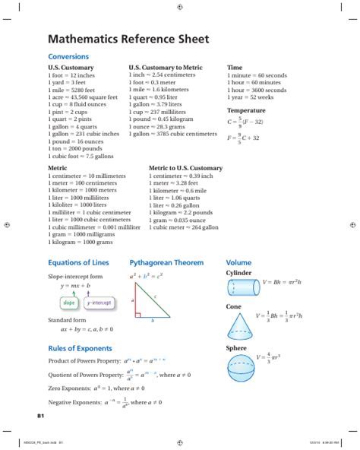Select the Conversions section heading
69,57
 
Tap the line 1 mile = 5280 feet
72,90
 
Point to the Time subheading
235,68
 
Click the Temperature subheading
246,110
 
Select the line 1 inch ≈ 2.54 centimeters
172,75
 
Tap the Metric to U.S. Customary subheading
185,168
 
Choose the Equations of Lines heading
78,262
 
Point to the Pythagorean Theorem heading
166,262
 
